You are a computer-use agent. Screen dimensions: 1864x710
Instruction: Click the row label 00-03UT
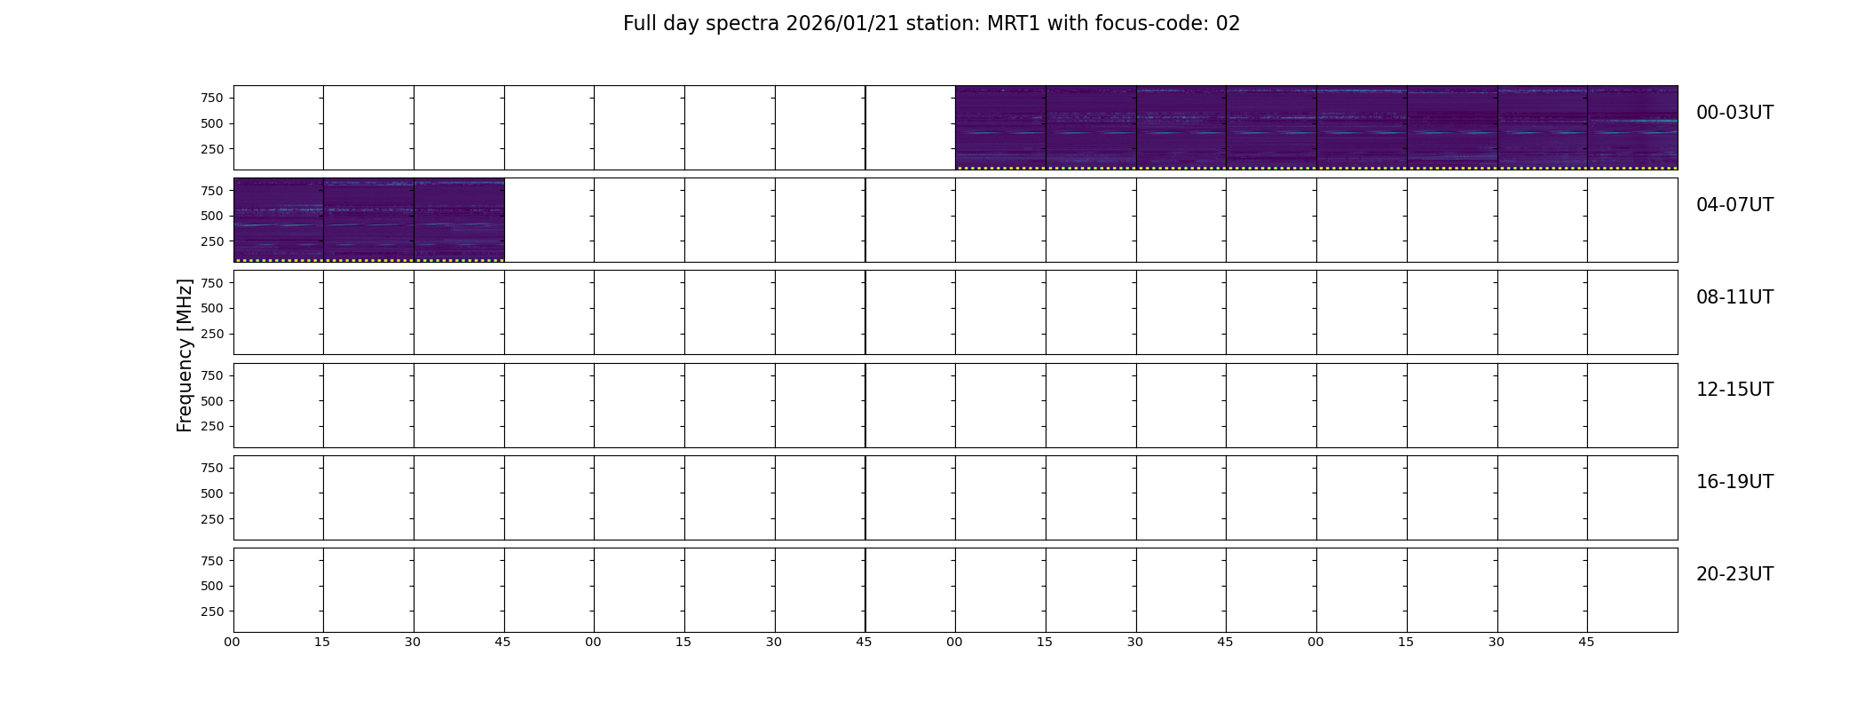[1734, 113]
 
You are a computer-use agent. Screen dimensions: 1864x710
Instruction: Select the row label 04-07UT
[1734, 205]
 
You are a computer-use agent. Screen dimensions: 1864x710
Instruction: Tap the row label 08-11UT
[1734, 297]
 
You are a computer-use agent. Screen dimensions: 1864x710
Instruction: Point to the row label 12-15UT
[1734, 390]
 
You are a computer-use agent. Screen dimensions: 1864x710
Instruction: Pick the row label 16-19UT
[1734, 482]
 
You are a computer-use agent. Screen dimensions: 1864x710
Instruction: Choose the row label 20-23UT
[1734, 574]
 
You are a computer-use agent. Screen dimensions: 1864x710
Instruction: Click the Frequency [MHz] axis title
[185, 355]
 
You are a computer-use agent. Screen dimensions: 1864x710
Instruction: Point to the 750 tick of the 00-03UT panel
[212, 98]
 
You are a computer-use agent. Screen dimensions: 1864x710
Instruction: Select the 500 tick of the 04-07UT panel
[212, 216]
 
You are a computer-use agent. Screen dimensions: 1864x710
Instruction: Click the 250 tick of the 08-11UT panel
[212, 334]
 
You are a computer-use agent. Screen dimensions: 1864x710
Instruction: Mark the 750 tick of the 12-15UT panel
[212, 375]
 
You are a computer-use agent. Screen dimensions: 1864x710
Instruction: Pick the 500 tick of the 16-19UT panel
[212, 493]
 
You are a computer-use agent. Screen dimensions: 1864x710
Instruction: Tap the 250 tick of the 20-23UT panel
[212, 611]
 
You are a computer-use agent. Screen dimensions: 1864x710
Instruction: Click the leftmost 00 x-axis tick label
[233, 642]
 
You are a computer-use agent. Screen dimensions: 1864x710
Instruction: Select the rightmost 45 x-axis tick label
[1586, 642]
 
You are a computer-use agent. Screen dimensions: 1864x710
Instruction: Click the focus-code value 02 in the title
[1228, 24]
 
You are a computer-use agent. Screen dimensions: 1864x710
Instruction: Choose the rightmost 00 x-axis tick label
[1315, 642]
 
